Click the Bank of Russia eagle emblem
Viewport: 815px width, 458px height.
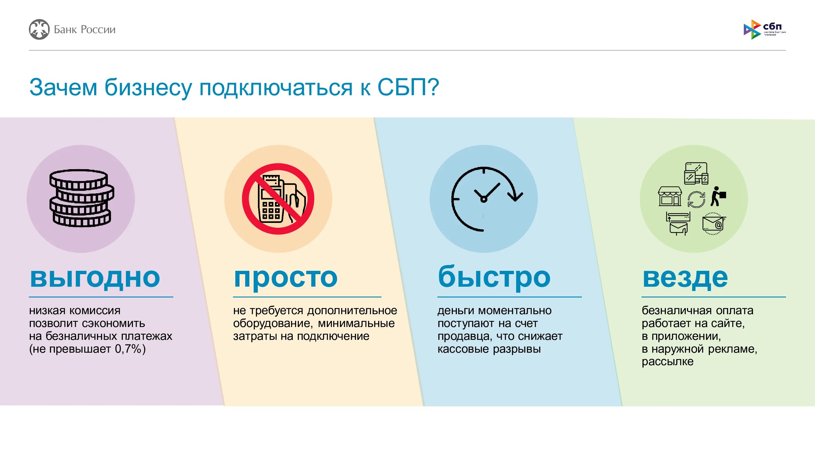(x=39, y=30)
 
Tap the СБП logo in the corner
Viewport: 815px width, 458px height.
(x=764, y=29)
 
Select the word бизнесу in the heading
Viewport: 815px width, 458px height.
(x=148, y=88)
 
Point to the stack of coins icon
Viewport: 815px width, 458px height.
(x=81, y=198)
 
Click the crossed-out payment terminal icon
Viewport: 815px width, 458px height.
(x=278, y=199)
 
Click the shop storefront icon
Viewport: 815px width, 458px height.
(x=670, y=196)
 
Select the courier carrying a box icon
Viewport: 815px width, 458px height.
(x=718, y=196)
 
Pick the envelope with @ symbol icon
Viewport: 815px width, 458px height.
(x=714, y=224)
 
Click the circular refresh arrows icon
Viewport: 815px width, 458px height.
(x=696, y=200)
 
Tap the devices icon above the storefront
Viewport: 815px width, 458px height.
(x=696, y=173)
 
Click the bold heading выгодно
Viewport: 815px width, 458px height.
(x=95, y=278)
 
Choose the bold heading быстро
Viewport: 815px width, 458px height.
(x=494, y=277)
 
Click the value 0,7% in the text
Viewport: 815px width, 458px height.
(x=128, y=349)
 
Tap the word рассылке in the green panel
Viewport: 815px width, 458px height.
(x=668, y=362)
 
